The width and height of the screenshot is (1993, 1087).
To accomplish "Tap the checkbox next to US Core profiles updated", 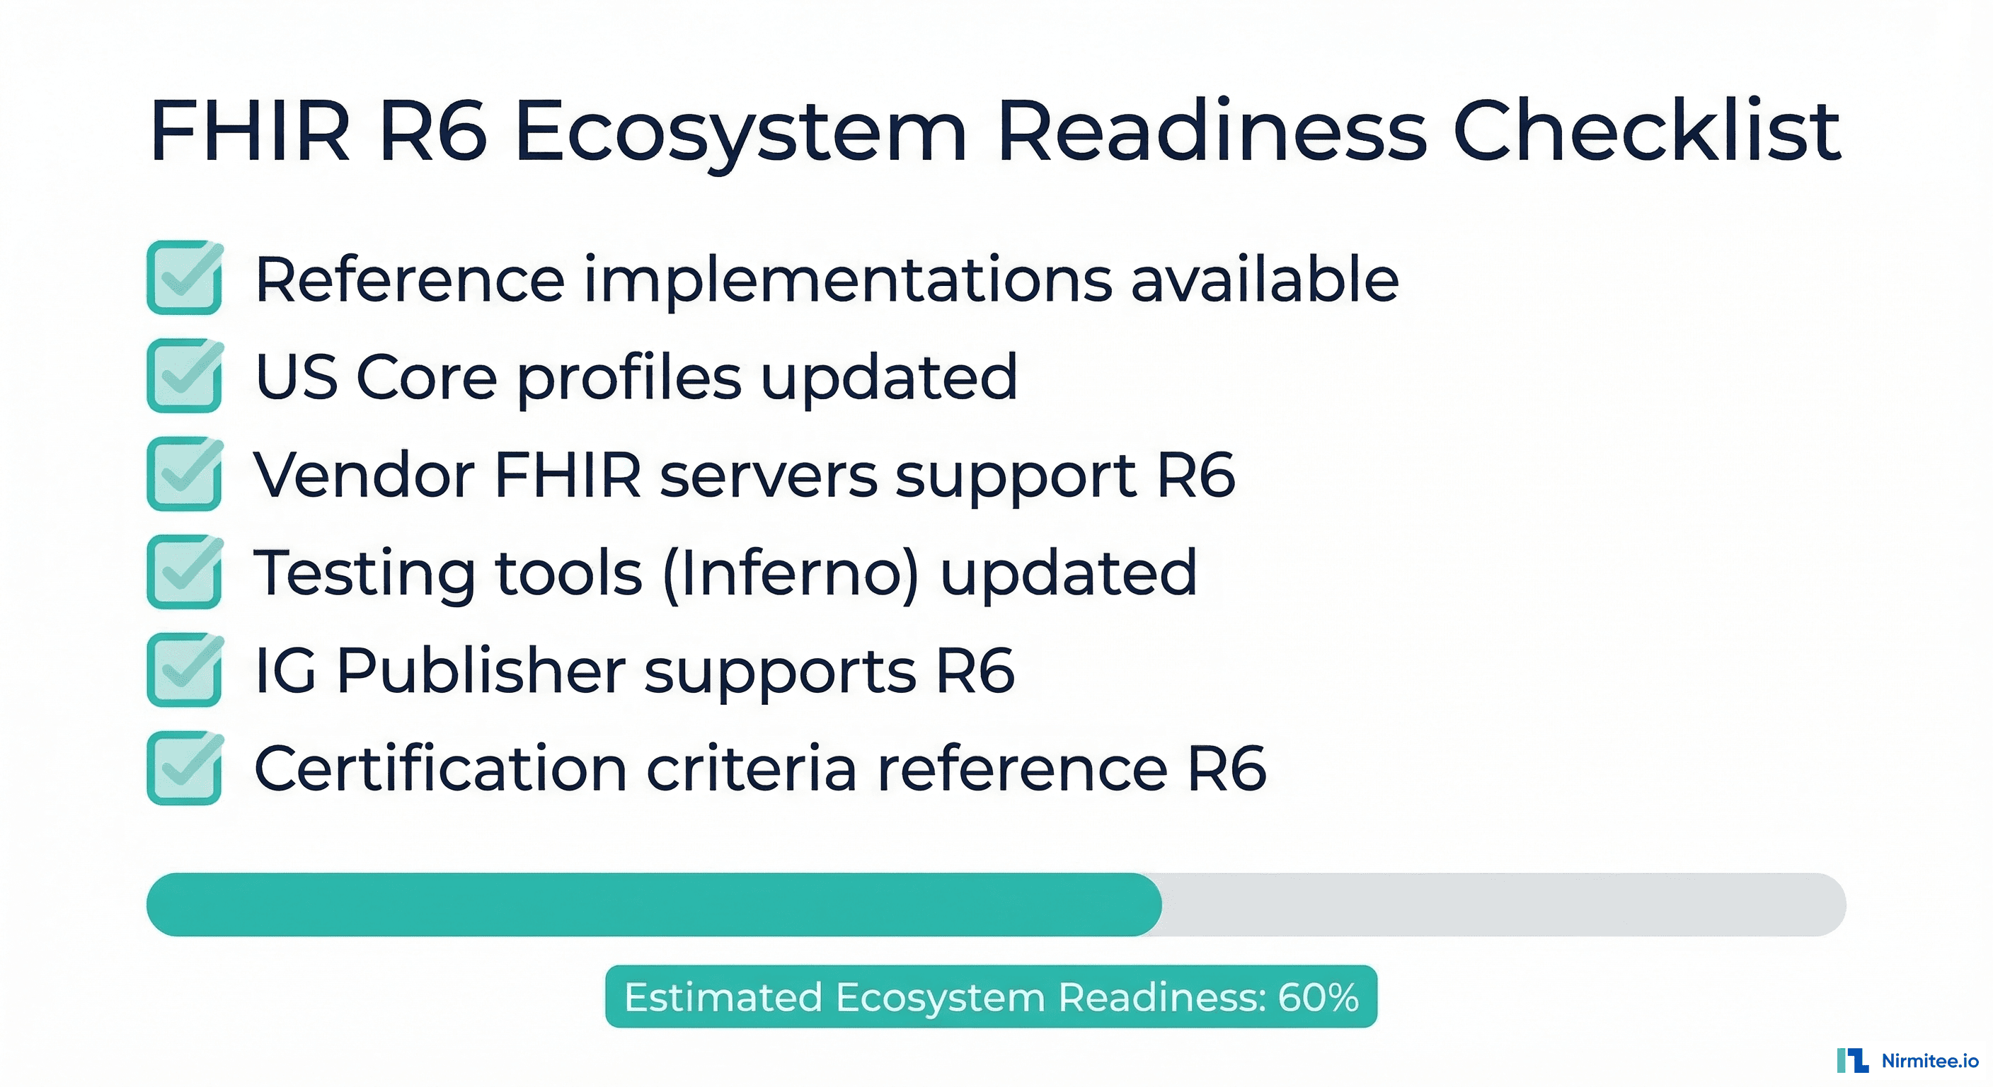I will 184,376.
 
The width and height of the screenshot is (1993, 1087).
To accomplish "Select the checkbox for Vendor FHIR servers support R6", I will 184,474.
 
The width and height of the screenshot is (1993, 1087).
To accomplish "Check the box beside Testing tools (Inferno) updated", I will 184,573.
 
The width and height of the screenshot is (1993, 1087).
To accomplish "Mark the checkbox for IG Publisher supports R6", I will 184,670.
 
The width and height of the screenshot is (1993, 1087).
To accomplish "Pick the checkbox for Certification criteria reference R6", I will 184,769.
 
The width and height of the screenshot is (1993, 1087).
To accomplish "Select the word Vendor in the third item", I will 364,474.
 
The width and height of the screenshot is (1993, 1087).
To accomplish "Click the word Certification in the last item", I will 440,769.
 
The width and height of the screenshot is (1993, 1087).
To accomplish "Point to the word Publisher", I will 481,670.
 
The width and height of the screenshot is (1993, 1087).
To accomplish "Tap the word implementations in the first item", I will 848,280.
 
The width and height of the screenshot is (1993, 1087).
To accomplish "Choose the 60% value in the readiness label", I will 1318,997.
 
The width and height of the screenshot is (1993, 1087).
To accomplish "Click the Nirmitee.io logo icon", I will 1852,1061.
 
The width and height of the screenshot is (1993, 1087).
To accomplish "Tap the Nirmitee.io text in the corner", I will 1929,1061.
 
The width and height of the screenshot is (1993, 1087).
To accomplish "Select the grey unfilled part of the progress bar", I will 1501,904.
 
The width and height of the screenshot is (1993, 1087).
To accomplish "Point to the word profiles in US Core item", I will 629,378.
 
